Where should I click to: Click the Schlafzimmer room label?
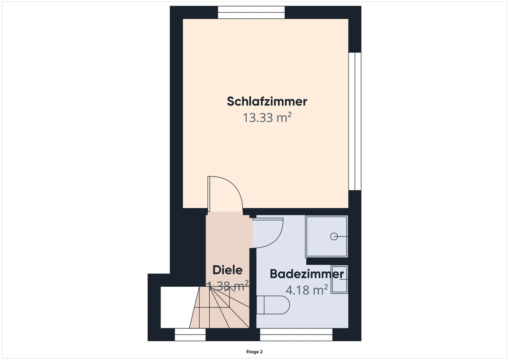click(x=267, y=101)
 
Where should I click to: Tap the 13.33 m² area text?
click(x=267, y=118)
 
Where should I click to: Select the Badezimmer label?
click(x=307, y=274)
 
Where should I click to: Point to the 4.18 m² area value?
click(x=306, y=290)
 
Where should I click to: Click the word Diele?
click(x=227, y=270)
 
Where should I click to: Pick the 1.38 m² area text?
click(x=228, y=286)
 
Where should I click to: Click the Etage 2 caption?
click(x=254, y=352)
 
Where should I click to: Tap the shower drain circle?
click(x=334, y=236)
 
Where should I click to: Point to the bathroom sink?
click(x=339, y=279)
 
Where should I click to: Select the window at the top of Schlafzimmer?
click(x=251, y=13)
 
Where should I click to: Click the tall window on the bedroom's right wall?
click(x=355, y=121)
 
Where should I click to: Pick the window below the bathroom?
click(x=296, y=335)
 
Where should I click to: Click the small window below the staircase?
click(x=190, y=335)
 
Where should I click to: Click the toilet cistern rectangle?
click(x=260, y=305)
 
